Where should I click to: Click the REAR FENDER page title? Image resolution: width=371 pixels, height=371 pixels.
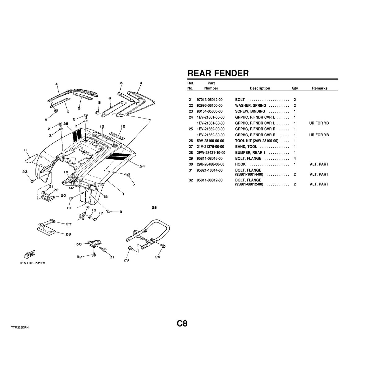click(x=218, y=73)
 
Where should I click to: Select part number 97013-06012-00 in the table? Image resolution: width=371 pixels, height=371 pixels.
click(x=209, y=100)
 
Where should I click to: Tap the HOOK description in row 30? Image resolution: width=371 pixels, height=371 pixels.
click(x=240, y=164)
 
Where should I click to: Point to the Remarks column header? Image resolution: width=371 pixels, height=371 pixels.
click(x=319, y=88)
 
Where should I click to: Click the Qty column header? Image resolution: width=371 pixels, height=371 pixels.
click(x=295, y=88)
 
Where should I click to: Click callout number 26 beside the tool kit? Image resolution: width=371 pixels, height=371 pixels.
click(x=68, y=234)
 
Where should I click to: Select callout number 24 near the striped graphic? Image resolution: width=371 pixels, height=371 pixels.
click(x=142, y=167)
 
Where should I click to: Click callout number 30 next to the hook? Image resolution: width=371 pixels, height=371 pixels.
click(x=79, y=244)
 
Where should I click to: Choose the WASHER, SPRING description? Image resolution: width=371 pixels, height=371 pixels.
click(x=250, y=106)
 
